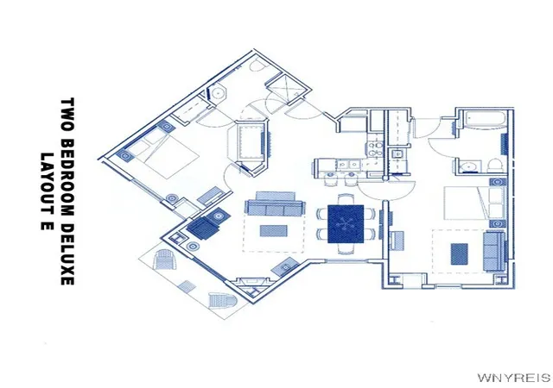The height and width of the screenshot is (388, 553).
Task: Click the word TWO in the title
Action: pos(67,115)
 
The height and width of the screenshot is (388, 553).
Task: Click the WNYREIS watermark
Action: pos(514,378)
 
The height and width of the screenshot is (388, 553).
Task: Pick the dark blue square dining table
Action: pos(346,224)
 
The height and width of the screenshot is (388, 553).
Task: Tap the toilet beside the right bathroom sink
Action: pos(495,166)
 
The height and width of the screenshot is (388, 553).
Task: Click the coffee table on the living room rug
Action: pos(273,231)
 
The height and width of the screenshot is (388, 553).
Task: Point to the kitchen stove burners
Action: pos(375,149)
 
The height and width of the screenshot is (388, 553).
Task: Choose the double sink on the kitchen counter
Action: pos(346,164)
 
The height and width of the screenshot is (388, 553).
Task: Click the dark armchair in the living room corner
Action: pos(203,228)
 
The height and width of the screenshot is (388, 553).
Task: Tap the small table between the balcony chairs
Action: pos(187,286)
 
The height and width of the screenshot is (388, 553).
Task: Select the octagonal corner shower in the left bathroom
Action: pos(218,93)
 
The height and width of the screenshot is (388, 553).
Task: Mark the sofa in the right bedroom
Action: pos(494,251)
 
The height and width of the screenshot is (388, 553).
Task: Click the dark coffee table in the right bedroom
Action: pos(460,253)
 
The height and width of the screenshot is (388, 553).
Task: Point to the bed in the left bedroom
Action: pos(162,151)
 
